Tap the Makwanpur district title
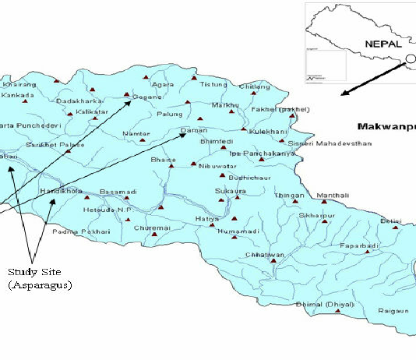coord(386,125)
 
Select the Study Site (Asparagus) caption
coord(40,278)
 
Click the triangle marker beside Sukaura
coord(221,199)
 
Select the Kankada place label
coord(18,95)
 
